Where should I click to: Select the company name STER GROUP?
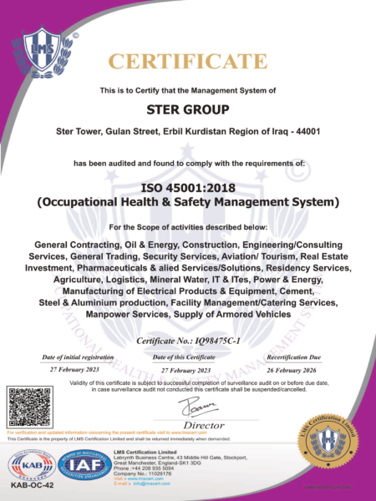point(187,109)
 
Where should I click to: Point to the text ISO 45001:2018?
point(187,187)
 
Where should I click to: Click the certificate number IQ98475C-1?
point(228,342)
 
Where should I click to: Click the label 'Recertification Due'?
point(299,357)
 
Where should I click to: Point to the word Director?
point(198,425)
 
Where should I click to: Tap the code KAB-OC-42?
point(31,485)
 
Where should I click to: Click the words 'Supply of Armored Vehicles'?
point(234,314)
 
